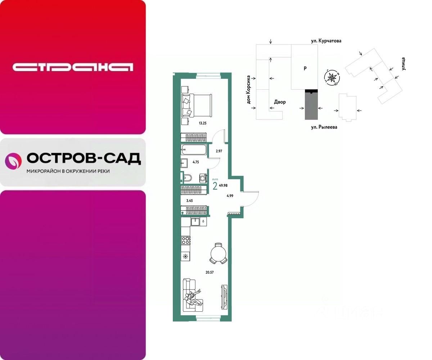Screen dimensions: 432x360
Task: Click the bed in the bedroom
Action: click(x=197, y=105)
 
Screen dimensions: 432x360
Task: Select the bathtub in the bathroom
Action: click(x=194, y=150)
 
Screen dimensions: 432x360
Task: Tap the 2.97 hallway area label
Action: click(x=219, y=151)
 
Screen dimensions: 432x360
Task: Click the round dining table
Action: click(x=218, y=252)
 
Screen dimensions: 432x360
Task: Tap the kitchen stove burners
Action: click(x=186, y=240)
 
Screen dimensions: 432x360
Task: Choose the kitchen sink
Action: click(x=196, y=222)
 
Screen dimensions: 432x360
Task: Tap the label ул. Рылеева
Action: click(x=324, y=127)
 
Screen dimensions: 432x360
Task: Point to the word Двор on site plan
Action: click(x=280, y=102)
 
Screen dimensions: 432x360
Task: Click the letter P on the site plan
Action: click(x=305, y=68)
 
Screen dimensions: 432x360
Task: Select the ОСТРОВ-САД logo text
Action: click(x=84, y=159)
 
